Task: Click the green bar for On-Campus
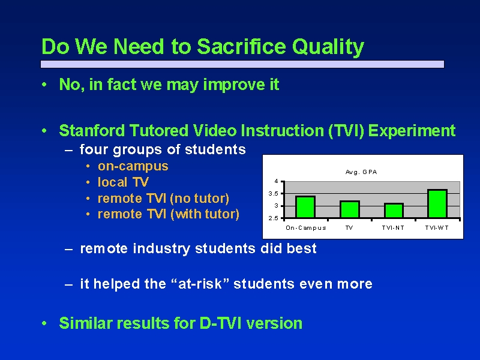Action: (305, 207)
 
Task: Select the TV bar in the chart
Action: (350, 209)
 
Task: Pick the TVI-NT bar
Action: (394, 211)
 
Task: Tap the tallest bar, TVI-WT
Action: (437, 203)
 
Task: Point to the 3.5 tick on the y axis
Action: (273, 193)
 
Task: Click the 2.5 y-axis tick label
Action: (273, 218)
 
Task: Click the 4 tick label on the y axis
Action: (276, 181)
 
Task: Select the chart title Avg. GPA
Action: (361, 172)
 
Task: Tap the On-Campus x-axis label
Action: (306, 228)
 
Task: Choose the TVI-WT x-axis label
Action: (437, 228)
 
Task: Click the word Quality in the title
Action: (328, 47)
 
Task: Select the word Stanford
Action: (92, 131)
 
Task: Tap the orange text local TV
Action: (123, 182)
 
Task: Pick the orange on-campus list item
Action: (133, 167)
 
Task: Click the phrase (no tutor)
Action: (199, 199)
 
